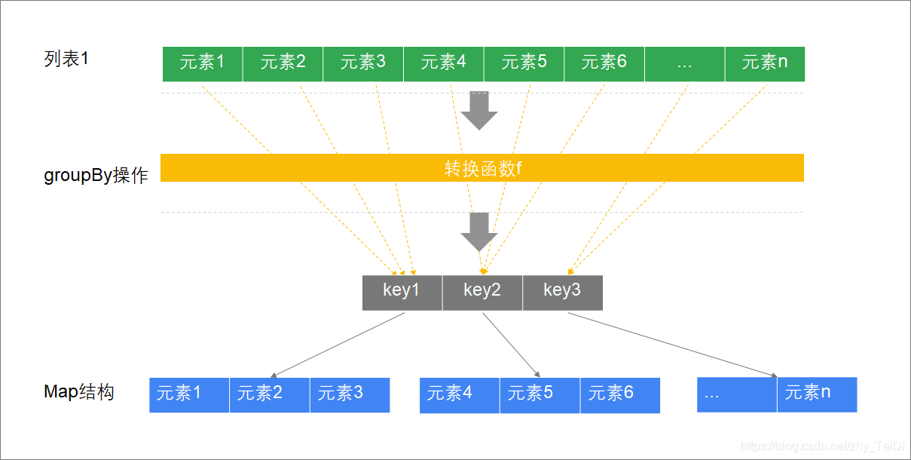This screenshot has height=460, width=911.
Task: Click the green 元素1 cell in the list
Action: point(203,63)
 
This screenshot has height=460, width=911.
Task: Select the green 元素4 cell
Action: point(444,63)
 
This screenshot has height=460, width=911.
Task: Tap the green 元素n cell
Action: point(765,63)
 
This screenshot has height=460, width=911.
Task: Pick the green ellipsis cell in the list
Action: point(684,63)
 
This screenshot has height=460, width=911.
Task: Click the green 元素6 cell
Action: point(604,63)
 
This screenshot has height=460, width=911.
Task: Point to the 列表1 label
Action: point(66,59)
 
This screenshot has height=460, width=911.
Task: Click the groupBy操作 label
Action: point(96,176)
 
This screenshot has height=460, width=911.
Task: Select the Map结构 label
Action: point(79,392)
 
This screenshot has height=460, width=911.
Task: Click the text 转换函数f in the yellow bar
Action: point(482,168)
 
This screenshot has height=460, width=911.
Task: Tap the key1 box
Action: point(402,292)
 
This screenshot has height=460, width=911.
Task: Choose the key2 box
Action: point(482,292)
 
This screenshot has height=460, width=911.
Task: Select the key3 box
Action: point(562,292)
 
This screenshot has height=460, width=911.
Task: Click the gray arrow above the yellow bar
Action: point(479,110)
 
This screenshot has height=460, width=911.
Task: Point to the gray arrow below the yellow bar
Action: point(479,232)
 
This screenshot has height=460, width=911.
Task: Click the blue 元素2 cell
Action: point(270,394)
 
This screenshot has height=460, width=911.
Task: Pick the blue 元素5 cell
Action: point(540,394)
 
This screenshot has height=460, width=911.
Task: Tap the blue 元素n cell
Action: point(817,394)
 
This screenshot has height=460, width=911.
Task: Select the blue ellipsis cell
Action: point(737,394)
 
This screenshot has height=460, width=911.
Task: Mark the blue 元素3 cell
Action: point(350,394)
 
